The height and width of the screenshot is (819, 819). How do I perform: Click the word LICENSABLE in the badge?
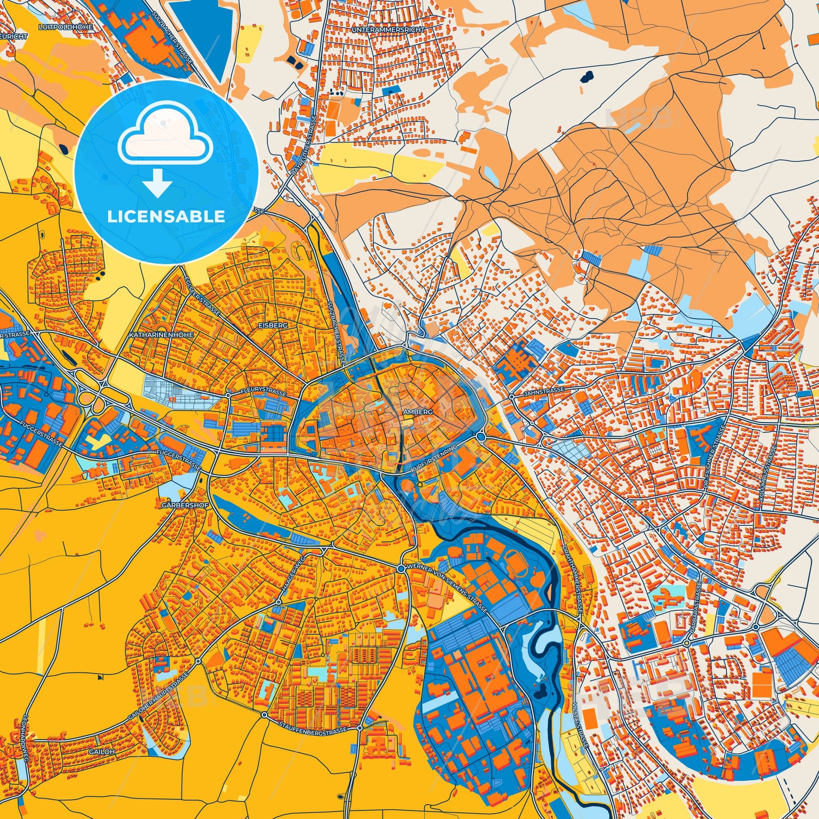coord(166,217)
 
